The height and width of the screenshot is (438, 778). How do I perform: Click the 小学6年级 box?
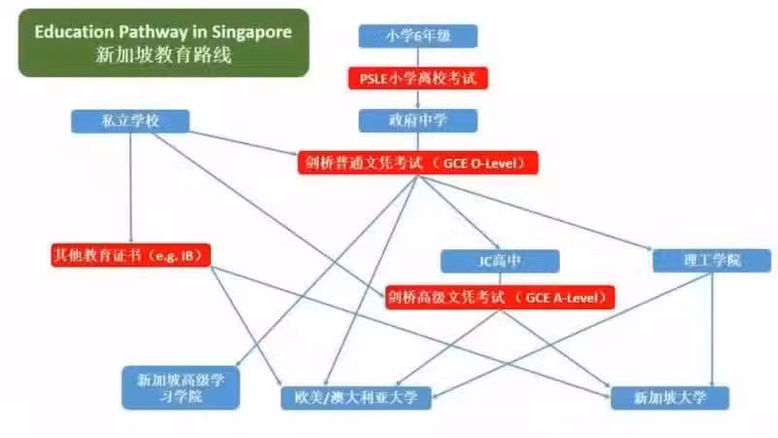click(x=418, y=36)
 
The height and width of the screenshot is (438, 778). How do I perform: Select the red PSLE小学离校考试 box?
click(x=418, y=78)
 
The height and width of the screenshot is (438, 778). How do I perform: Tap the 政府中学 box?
click(x=418, y=121)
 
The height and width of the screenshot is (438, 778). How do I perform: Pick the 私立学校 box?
click(x=130, y=121)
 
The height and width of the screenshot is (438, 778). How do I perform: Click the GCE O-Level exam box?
click(x=418, y=163)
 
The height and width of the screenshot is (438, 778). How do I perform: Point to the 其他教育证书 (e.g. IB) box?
click(x=130, y=255)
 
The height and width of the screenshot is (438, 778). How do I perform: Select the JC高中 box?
click(x=500, y=261)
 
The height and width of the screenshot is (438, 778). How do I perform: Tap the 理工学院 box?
click(x=712, y=261)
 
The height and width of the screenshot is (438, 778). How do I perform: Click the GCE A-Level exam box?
click(x=500, y=298)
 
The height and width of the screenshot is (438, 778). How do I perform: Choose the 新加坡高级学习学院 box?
click(x=181, y=387)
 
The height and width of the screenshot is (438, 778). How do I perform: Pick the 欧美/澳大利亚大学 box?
click(x=356, y=398)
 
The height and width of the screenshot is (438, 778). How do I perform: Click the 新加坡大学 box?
click(x=670, y=398)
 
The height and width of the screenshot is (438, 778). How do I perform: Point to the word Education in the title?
click(x=75, y=32)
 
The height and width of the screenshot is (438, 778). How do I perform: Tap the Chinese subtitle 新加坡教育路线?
click(x=163, y=55)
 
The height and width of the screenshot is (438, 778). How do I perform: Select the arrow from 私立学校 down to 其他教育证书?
click(x=131, y=188)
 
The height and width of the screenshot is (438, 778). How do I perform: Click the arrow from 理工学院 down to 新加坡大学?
click(x=712, y=330)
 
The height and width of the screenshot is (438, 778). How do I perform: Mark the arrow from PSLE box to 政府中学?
click(x=418, y=99)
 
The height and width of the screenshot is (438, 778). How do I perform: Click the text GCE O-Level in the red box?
click(x=479, y=164)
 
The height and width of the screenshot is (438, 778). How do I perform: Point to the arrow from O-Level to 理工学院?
click(x=534, y=212)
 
